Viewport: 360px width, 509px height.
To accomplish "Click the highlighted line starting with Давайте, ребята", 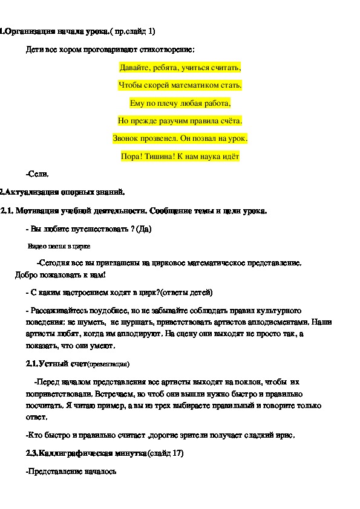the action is click(x=180, y=67).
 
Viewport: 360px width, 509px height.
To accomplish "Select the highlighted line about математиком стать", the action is click(x=180, y=85).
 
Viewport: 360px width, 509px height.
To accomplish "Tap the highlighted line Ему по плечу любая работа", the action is click(x=180, y=103).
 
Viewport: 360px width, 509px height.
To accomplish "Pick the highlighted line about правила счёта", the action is click(x=180, y=120).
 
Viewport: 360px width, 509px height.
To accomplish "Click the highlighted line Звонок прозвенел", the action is click(x=180, y=138).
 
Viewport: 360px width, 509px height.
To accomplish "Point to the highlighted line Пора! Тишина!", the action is click(x=180, y=157).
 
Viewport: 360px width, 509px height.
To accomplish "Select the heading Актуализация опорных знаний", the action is click(x=63, y=193).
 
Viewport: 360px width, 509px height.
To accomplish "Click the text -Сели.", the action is click(x=37, y=175).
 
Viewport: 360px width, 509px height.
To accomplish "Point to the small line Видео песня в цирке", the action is click(x=59, y=247).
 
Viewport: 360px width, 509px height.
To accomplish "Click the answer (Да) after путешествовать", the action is click(x=144, y=229).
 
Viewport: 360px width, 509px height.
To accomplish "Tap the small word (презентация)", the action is click(x=109, y=365).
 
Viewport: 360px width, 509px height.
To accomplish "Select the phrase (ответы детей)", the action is click(x=186, y=293).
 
